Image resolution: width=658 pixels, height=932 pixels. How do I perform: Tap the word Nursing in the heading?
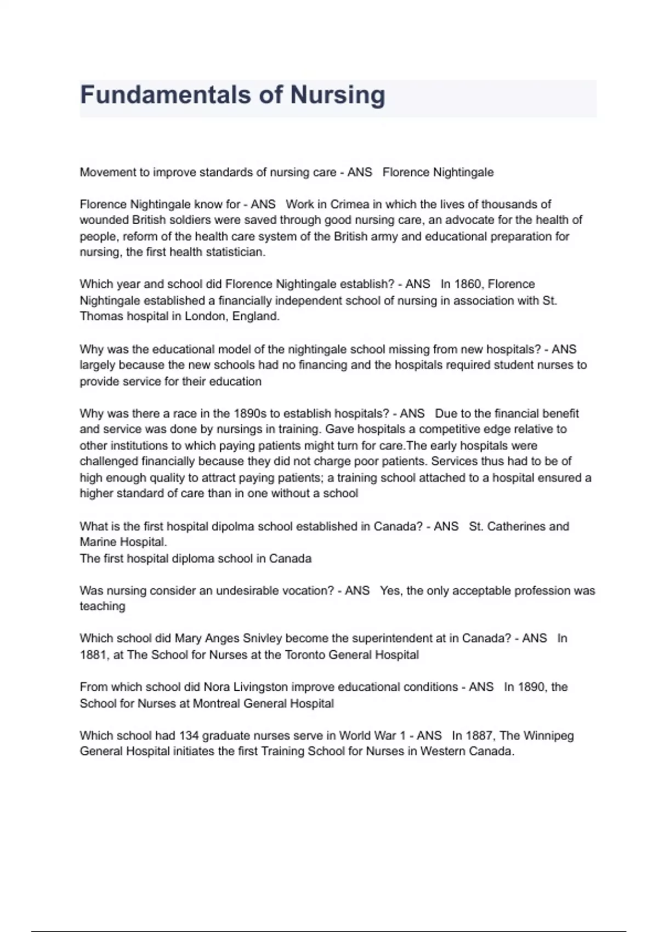tap(337, 95)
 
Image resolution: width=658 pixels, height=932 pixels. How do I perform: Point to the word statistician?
tap(235, 252)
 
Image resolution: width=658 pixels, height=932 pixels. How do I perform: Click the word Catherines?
tap(515, 526)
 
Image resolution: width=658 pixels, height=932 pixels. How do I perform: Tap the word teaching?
tap(103, 606)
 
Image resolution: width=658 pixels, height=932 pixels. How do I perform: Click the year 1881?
tap(93, 655)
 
